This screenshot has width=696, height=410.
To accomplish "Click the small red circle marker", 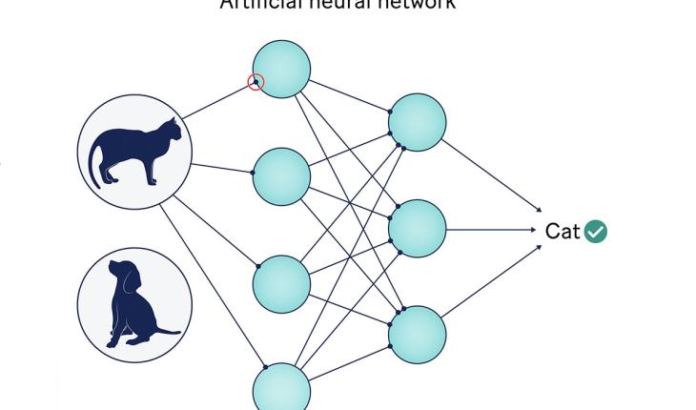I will pyautogui.click(x=256, y=82).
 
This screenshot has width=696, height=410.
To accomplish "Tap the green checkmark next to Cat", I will pyautogui.click(x=596, y=231).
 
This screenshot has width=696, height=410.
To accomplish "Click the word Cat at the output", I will pyautogui.click(x=563, y=231).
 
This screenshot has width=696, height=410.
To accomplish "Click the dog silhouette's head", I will pyautogui.click(x=124, y=277).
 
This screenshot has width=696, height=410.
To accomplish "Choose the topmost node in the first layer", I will pyautogui.click(x=281, y=69).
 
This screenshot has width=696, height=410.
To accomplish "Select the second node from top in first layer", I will pyautogui.click(x=281, y=176).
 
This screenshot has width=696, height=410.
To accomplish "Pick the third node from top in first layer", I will pyautogui.click(x=281, y=283).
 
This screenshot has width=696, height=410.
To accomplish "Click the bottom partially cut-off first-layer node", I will pyautogui.click(x=281, y=389).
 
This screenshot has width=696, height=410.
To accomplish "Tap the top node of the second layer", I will pyautogui.click(x=417, y=122).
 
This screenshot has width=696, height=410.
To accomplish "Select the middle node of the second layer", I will pyautogui.click(x=417, y=229).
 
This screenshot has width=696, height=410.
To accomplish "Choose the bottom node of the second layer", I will pyautogui.click(x=417, y=336).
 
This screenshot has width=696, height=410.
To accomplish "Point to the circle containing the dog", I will pyautogui.click(x=134, y=305).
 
